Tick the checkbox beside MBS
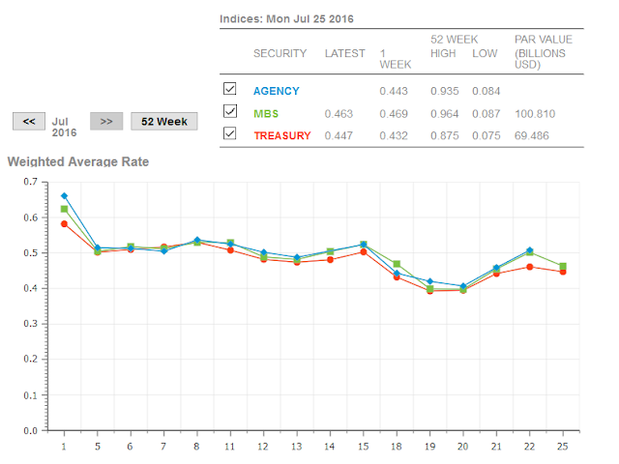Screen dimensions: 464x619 pyautogui.click(x=229, y=112)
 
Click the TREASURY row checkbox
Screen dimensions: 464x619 pyautogui.click(x=229, y=134)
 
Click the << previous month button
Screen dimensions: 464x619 pyautogui.click(x=29, y=121)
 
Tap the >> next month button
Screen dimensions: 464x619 pyautogui.click(x=106, y=121)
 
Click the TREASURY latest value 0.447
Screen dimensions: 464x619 pyautogui.click(x=337, y=135)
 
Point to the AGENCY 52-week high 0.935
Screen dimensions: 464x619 pyautogui.click(x=445, y=91)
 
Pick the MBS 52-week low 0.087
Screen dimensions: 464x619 pyautogui.click(x=486, y=113)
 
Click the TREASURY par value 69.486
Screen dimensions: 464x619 pyautogui.click(x=531, y=135)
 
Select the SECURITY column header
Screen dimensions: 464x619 pyautogui.click(x=280, y=53)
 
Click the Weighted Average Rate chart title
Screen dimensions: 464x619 pyautogui.click(x=78, y=161)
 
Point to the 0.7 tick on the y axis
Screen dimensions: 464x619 pyautogui.click(x=34, y=182)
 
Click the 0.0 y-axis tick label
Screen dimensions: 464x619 pyautogui.click(x=34, y=431)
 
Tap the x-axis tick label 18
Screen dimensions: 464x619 pyautogui.click(x=397, y=446)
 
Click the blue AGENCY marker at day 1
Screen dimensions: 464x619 pyautogui.click(x=64, y=196)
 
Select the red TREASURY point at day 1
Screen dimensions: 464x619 pyautogui.click(x=64, y=223)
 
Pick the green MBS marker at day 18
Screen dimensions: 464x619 pyautogui.click(x=397, y=264)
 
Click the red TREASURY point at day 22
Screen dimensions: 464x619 pyautogui.click(x=529, y=267)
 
